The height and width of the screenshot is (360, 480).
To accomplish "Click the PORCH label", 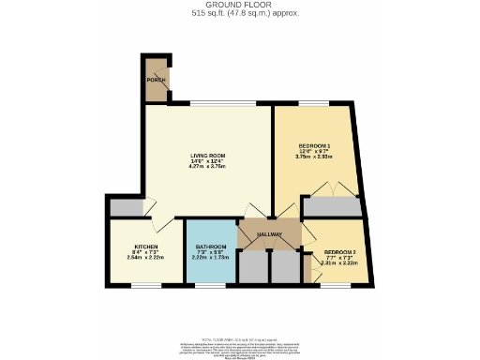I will click(x=155, y=81).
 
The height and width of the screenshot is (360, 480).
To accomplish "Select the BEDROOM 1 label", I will click(x=314, y=147).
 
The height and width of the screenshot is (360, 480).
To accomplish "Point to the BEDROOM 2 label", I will click(x=340, y=252).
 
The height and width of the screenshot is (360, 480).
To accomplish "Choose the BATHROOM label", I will click(x=211, y=247).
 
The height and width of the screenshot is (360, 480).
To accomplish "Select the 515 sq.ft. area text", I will click(x=239, y=15).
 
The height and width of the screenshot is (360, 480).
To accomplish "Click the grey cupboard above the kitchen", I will click(x=126, y=208).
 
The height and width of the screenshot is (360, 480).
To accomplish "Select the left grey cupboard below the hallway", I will click(x=252, y=267).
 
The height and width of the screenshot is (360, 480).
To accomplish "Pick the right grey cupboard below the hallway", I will click(x=283, y=267).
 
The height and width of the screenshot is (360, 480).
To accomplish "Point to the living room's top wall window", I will click(x=219, y=103).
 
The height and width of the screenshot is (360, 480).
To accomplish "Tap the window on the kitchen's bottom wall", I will click(x=143, y=285).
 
